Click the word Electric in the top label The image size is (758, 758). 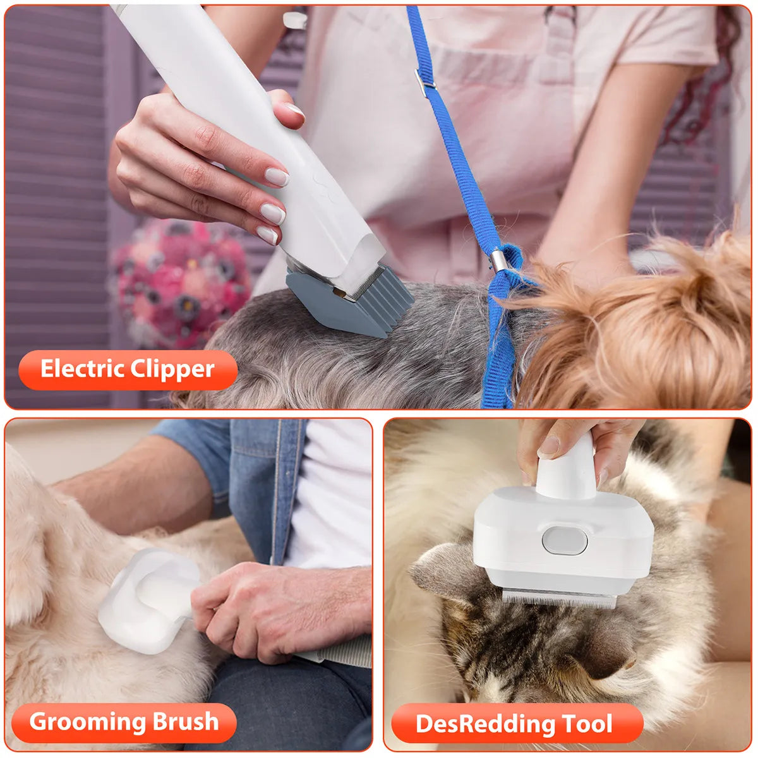click(x=82, y=369)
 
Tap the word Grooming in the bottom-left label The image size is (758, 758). click(x=78, y=721)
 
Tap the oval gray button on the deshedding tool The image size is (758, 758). click(x=564, y=541)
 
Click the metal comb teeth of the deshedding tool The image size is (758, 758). click(x=559, y=597)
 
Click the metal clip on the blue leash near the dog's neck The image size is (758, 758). click(x=498, y=259)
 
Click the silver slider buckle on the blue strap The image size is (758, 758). click(x=424, y=80)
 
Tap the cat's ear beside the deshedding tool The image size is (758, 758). click(x=442, y=568)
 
